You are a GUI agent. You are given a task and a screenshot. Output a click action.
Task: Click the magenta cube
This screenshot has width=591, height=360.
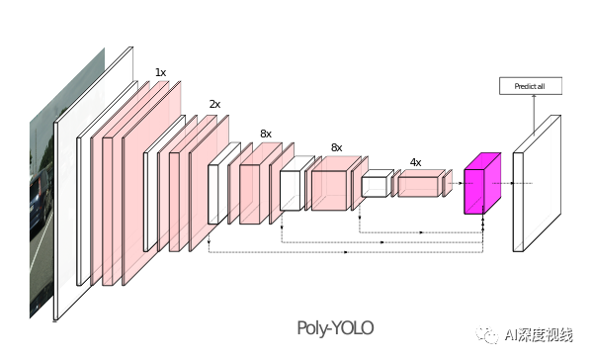tap(481, 185)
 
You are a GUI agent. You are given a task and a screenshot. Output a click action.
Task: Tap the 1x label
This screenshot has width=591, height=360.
tap(160, 72)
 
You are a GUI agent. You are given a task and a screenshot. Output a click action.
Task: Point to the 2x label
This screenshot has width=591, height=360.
tap(214, 103)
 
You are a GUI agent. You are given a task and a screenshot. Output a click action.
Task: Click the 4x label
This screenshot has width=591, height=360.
tap(415, 162)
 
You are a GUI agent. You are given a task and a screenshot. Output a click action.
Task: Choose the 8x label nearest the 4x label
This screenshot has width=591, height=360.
tap(336, 147)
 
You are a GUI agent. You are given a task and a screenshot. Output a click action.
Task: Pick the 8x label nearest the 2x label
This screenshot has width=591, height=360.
tap(266, 133)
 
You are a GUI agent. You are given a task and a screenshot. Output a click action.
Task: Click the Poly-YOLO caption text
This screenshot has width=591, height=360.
tap(336, 327)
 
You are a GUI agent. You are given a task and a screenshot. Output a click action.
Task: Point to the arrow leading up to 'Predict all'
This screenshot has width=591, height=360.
tap(535, 114)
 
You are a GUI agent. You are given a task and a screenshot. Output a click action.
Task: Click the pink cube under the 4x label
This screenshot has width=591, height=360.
tap(419, 184)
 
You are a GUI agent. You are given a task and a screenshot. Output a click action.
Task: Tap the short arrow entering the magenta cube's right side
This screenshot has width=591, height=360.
tap(506, 183)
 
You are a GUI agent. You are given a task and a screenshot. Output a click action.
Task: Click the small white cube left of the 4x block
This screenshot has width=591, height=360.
tap(376, 185)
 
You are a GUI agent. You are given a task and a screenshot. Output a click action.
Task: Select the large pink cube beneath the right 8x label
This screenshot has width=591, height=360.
tap(330, 187)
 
